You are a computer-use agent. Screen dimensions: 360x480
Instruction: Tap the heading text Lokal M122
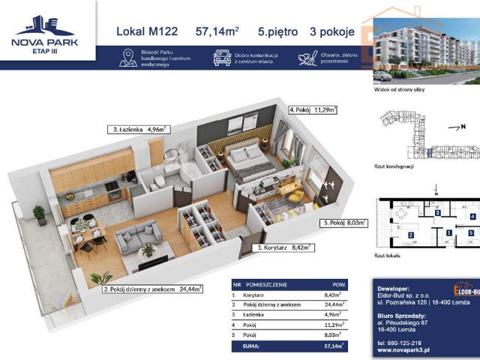[147, 31]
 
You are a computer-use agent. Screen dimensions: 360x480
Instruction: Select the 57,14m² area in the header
[217, 31]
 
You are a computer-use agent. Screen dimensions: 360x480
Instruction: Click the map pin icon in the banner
[127, 58]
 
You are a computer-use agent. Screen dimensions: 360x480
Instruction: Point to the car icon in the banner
[221, 58]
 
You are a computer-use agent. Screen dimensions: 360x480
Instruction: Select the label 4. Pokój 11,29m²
[313, 109]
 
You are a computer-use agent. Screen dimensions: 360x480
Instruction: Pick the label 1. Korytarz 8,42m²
[283, 246]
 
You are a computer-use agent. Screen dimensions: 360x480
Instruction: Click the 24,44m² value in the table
[334, 304]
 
